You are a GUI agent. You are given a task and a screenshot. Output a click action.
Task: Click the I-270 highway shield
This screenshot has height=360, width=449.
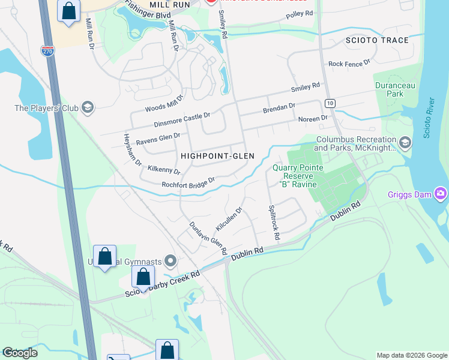pyautogui.click(x=48, y=51)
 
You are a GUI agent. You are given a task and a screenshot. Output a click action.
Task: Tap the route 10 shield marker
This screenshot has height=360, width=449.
pyautogui.click(x=330, y=103)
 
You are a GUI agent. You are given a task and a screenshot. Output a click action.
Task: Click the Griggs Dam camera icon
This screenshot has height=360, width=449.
pyautogui.click(x=441, y=193)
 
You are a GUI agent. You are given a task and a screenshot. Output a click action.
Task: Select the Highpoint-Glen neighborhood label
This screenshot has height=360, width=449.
pyautogui.click(x=218, y=156)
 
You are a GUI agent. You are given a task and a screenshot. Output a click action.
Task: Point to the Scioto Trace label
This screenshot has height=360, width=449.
pyautogui.click(x=377, y=40)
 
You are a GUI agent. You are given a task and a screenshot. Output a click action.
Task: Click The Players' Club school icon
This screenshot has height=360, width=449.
pyautogui.click(x=88, y=108)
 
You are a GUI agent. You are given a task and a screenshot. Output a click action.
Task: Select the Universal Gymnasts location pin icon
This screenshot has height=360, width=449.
pyautogui.click(x=170, y=261)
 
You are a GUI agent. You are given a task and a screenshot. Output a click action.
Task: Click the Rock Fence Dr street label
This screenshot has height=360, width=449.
pyautogui.click(x=349, y=63)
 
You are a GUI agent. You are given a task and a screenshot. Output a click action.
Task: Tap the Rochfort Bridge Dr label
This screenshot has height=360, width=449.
pyautogui.click(x=188, y=182)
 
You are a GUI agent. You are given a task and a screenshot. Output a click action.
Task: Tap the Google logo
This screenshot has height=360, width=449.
pyautogui.click(x=20, y=353)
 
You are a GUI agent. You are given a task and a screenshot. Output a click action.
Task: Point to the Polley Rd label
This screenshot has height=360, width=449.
pyautogui.click(x=300, y=13)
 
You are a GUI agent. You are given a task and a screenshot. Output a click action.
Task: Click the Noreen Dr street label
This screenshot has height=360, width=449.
pyautogui.click(x=313, y=119)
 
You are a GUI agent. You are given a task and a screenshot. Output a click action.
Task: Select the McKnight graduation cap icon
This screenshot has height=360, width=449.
pyautogui.click(x=405, y=142)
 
